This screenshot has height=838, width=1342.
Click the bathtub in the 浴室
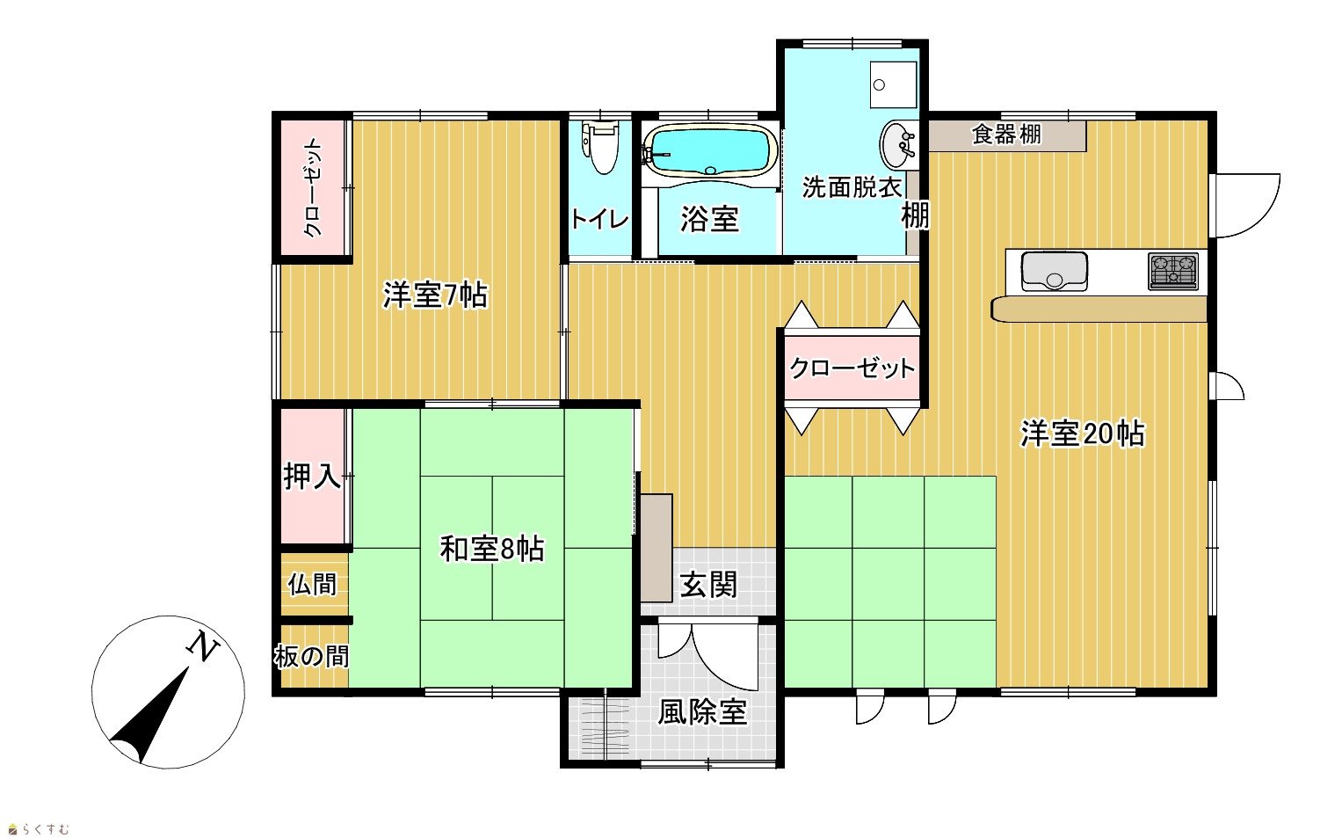710,152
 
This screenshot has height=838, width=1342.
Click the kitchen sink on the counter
1054,272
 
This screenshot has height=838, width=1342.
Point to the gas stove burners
1173,272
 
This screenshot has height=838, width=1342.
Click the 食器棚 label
1006,135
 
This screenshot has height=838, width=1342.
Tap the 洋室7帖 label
435,295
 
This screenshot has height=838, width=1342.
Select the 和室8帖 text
492,549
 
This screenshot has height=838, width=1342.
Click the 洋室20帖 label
1082,434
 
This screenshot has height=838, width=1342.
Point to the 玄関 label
708,585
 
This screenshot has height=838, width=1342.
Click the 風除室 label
702,713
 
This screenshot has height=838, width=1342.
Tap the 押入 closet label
312,477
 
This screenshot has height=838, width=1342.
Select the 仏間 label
312,585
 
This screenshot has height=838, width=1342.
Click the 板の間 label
312,657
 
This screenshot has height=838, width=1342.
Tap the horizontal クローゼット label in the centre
852,368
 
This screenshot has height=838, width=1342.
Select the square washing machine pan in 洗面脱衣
893,84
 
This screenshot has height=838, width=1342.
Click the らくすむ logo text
46,829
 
